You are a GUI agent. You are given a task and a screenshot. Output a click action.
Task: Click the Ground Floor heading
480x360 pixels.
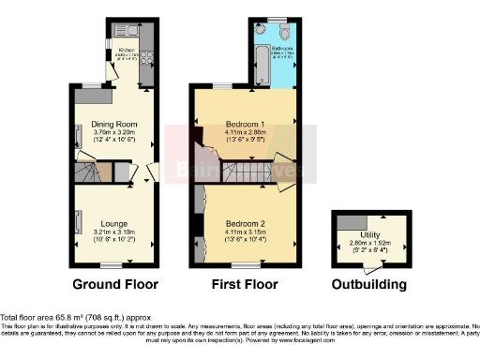[115, 284]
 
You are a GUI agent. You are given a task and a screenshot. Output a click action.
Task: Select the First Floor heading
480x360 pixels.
[245, 284]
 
